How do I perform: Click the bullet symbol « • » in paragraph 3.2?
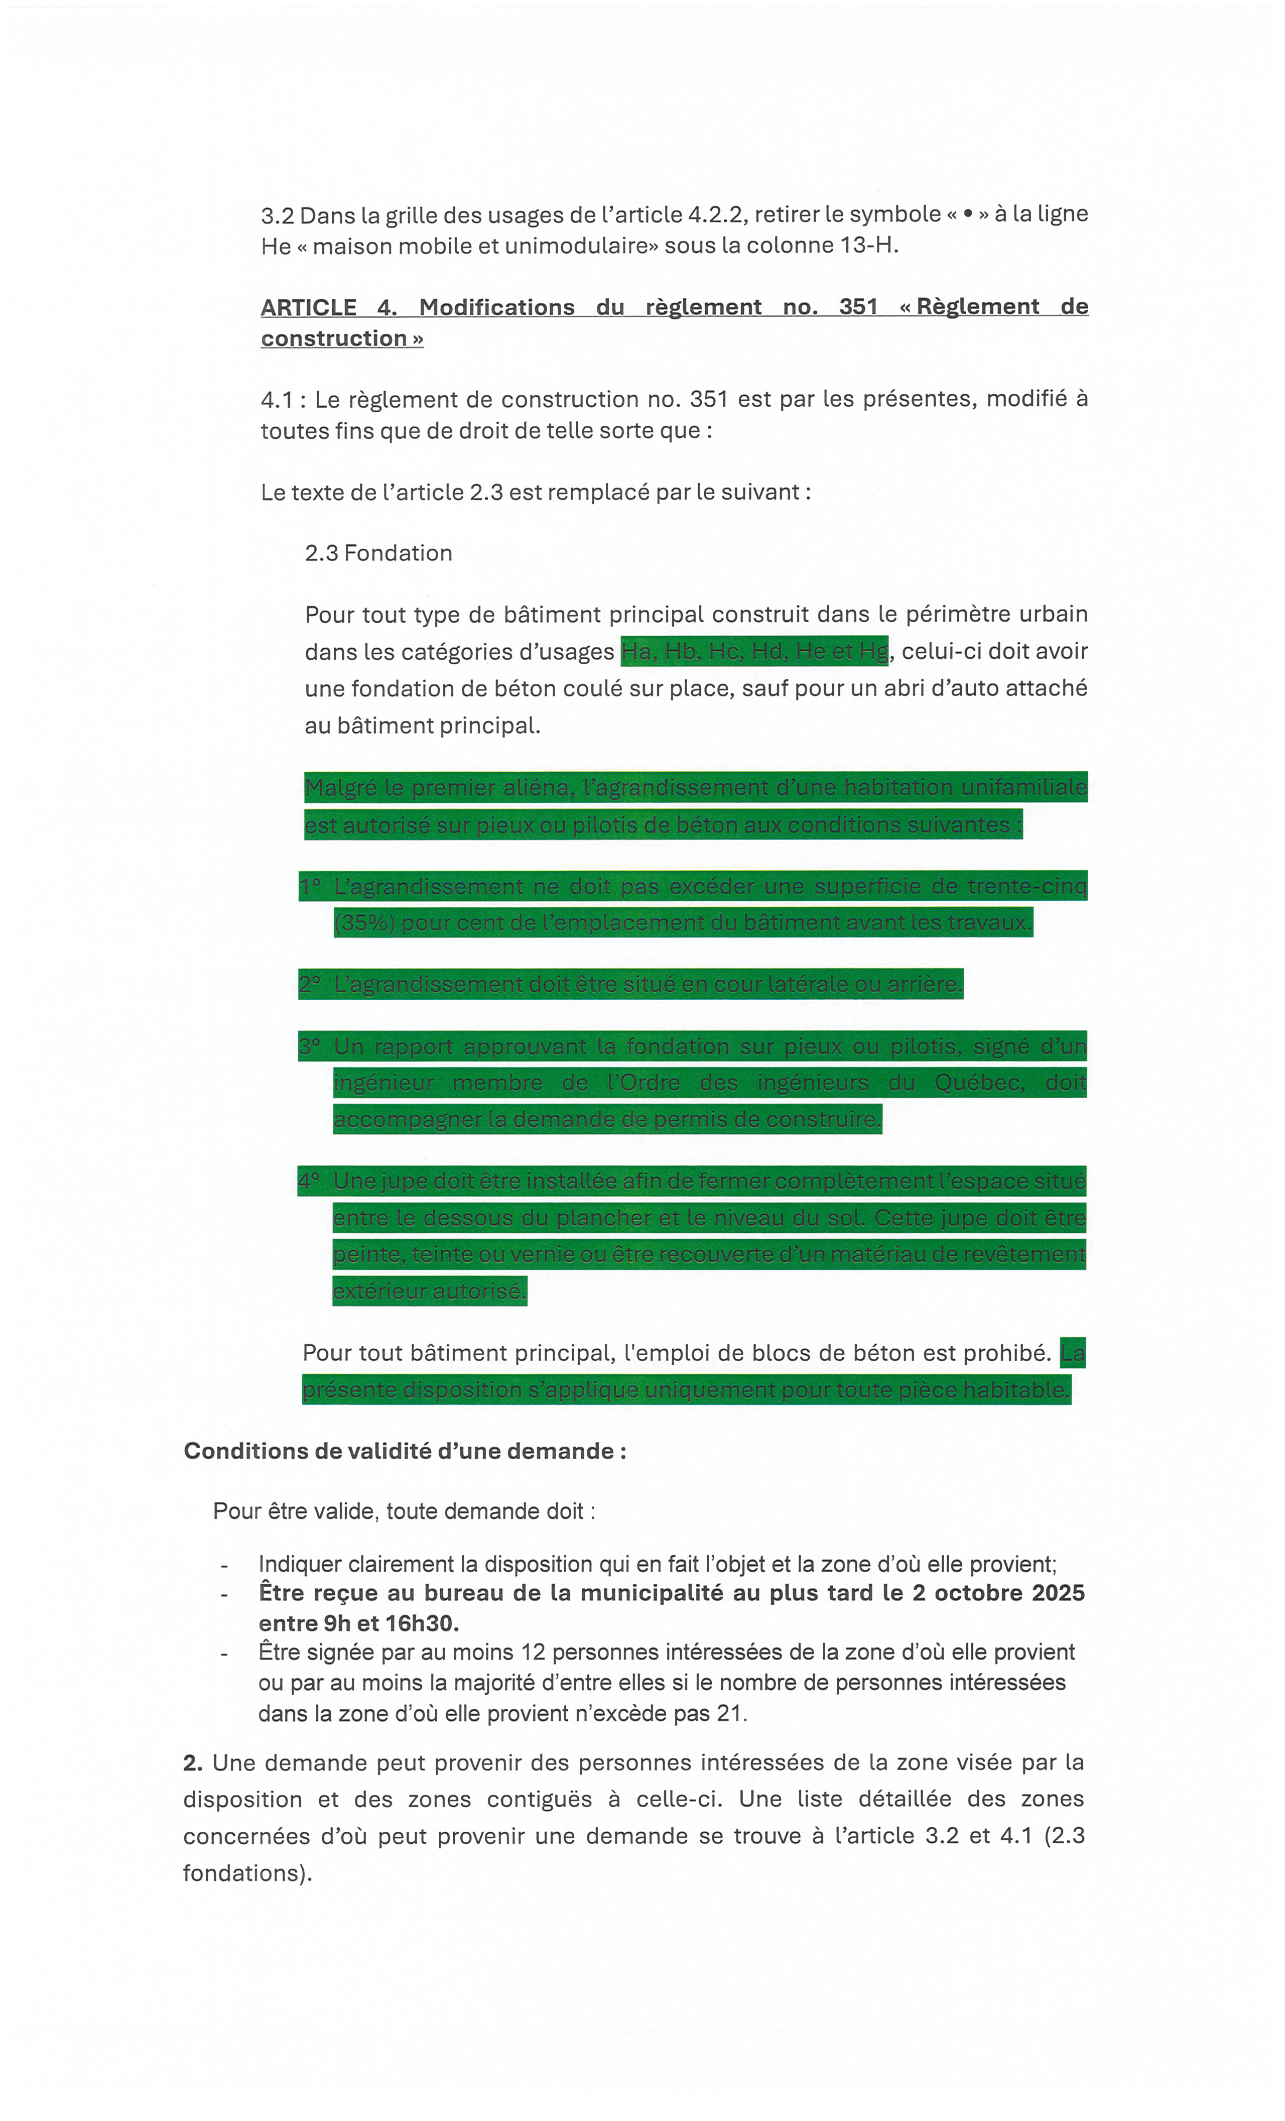coord(968,213)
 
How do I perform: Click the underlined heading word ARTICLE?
coord(308,307)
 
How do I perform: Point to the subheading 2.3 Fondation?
coord(378,553)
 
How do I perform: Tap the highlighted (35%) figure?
coord(364,923)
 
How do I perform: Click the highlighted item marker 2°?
coord(310,984)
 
